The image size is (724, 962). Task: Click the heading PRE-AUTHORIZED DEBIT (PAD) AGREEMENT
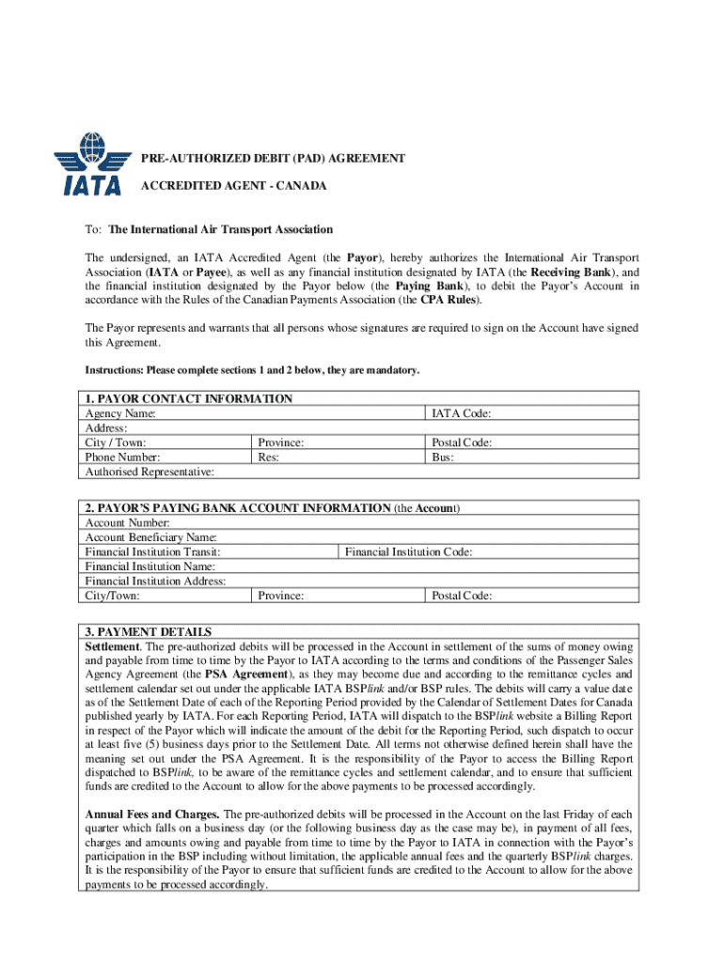[273, 159]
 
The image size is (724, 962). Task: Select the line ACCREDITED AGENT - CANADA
[233, 186]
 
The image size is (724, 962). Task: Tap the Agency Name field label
[121, 413]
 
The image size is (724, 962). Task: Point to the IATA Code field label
[461, 413]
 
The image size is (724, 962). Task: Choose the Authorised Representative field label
[150, 472]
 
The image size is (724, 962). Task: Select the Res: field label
[268, 458]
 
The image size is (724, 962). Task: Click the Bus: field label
[443, 458]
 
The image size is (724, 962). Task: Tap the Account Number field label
[128, 522]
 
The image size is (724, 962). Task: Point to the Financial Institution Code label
[408, 552]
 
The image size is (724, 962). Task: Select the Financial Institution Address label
[155, 582]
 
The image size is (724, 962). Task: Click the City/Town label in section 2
[113, 596]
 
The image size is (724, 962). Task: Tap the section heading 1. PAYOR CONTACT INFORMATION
[189, 398]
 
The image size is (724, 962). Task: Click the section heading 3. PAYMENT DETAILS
[149, 631]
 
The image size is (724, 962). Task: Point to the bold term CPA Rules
[449, 300]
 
